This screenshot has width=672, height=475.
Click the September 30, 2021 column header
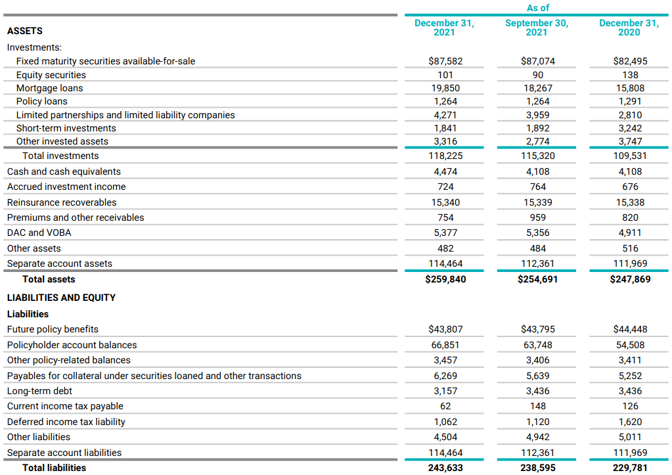537,28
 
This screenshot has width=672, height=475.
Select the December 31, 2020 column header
629,28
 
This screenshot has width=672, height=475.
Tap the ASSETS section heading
25,31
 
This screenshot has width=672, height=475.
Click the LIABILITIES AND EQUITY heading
61,298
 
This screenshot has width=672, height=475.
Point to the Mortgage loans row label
50,88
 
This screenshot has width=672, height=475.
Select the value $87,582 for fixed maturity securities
445,61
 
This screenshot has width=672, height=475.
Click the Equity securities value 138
629,75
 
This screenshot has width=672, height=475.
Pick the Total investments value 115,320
537,156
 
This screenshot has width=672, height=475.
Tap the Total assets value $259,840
445,279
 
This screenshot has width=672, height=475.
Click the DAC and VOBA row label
39,233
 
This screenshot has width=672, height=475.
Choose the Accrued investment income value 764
537,187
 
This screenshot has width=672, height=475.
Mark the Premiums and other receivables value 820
629,217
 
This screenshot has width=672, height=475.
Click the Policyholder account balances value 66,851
445,345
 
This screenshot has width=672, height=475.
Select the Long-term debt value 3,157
445,391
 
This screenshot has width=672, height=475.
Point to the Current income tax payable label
65,406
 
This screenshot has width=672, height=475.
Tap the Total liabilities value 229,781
629,468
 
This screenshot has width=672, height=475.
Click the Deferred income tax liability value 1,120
537,422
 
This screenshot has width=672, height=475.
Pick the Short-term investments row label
66,128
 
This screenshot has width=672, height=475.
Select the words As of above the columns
537,8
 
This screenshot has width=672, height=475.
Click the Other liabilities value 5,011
629,437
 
